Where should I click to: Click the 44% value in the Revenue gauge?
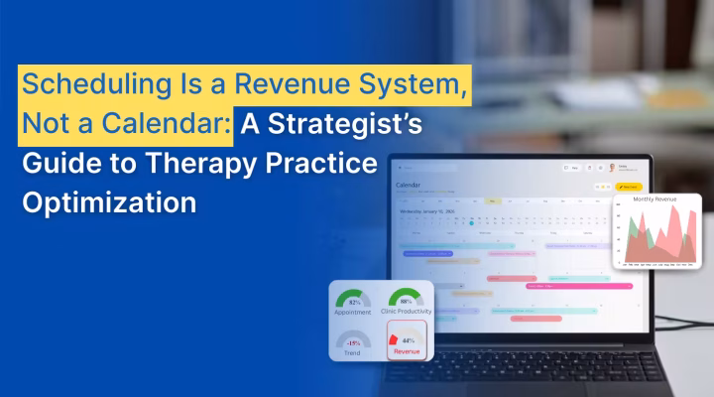click(x=408, y=340)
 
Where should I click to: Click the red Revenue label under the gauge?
click(x=406, y=351)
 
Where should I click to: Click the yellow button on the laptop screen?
click(x=629, y=186)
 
